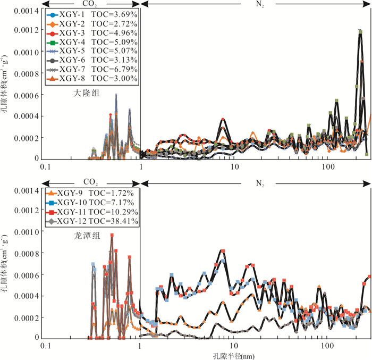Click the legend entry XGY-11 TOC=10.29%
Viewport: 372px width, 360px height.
(x=91, y=212)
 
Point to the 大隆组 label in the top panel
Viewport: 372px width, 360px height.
(x=85, y=93)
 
